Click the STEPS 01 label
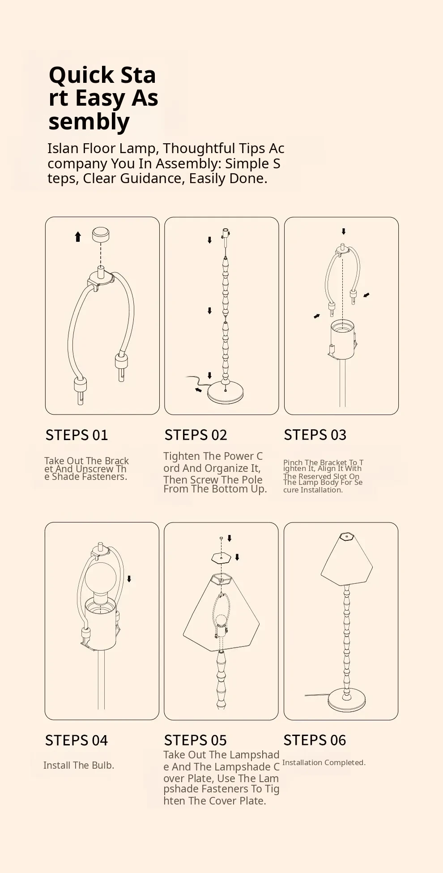coord(77,435)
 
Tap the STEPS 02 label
coord(196,435)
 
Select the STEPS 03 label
coord(315,435)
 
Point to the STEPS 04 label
coord(77,740)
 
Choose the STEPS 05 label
coord(196,740)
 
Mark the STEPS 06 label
coord(315,740)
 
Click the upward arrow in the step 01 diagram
coord(78,236)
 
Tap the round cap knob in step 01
coord(101,234)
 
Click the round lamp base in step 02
coord(225,392)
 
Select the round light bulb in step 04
coord(101,577)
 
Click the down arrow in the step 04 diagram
coord(129,579)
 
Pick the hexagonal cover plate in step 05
coord(221,558)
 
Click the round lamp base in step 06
coord(347,700)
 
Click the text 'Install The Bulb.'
coord(79,766)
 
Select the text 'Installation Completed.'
coord(324,762)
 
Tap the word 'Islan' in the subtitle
coord(63,149)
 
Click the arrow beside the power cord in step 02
coord(198,390)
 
